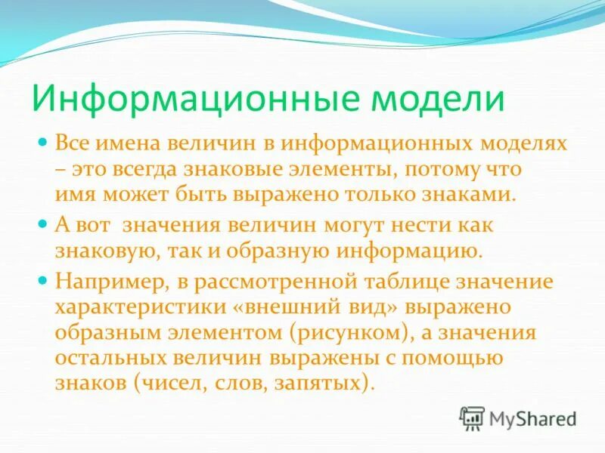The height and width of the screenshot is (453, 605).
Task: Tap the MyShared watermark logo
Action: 519,418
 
